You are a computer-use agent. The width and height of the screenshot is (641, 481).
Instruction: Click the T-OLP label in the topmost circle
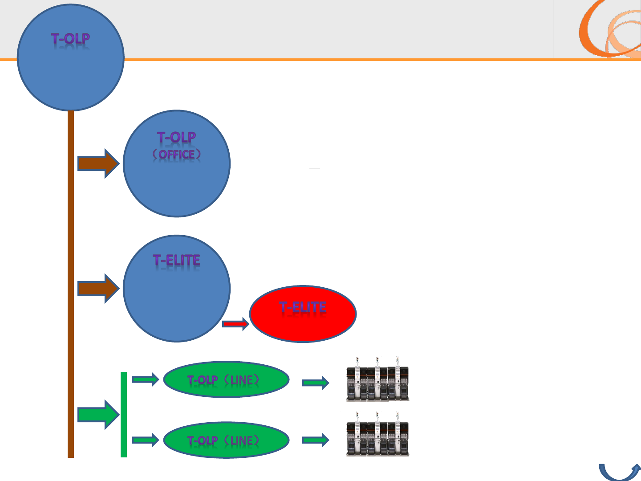[70, 39]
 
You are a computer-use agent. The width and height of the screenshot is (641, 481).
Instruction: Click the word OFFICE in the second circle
[177, 155]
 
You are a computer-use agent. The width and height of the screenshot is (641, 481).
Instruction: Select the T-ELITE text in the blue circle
[177, 261]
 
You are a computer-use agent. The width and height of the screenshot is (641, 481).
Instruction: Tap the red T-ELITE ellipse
[303, 314]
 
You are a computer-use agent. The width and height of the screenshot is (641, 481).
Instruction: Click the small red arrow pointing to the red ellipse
[235, 324]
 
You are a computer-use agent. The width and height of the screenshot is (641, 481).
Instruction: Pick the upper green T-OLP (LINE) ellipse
[226, 379]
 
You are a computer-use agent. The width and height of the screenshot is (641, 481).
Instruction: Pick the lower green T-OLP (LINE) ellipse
[226, 440]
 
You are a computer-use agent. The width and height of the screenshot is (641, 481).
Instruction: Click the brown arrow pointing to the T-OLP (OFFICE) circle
[98, 163]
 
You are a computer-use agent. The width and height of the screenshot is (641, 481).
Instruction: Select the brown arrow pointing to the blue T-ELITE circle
[98, 289]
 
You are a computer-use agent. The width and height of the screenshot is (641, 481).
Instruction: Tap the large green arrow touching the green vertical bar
[98, 415]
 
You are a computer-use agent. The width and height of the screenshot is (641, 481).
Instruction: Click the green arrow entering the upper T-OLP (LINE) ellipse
[145, 379]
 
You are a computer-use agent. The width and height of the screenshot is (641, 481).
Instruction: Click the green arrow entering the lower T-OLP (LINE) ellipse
[145, 440]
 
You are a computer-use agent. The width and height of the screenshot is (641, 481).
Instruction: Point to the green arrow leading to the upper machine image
[316, 382]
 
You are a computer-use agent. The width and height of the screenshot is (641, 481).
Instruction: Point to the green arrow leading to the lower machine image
[316, 440]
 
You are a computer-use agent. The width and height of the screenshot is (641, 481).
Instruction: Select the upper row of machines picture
[377, 379]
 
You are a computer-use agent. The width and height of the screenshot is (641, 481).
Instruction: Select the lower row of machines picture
[377, 435]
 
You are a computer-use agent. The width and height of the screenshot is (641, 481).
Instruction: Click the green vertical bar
[124, 415]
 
